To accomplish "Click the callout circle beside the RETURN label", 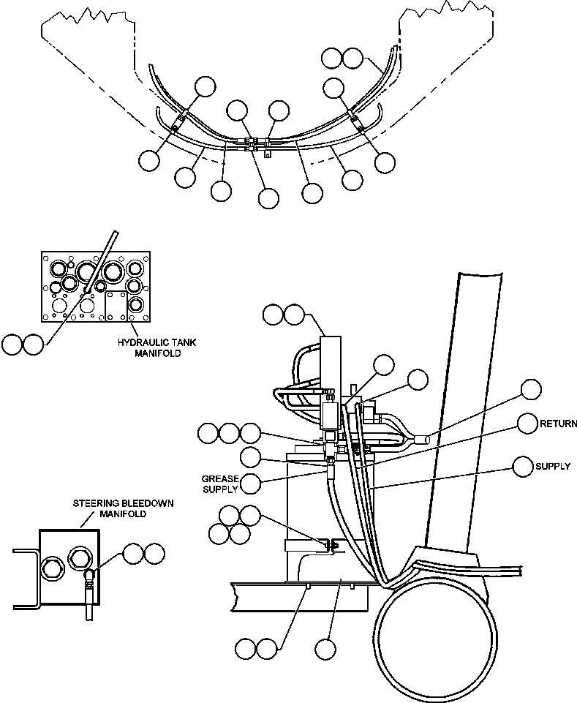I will [529, 424].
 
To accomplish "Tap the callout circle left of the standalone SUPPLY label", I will [523, 466].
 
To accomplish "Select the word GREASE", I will [219, 478].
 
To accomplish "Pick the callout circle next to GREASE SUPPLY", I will [251, 483].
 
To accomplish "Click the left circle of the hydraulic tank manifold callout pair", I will [12, 344].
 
